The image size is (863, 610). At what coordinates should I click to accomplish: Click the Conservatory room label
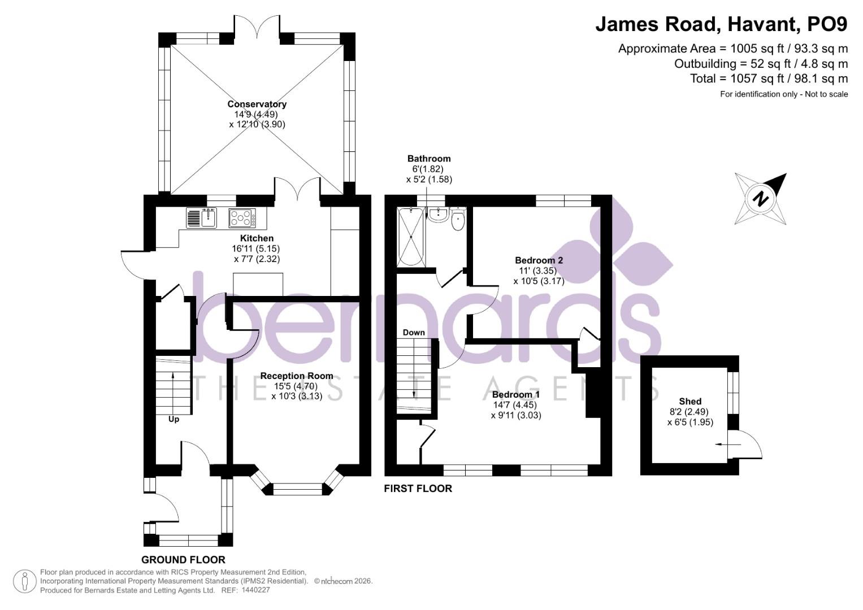pos(257,104)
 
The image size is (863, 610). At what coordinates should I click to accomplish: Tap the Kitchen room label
pos(257,238)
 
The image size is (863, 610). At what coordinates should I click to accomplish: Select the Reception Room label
pos(296,376)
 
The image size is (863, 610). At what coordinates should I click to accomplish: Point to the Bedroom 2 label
pos(539,260)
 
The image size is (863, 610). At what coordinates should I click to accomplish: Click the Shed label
pos(690,401)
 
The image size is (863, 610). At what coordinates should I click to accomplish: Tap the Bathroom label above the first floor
pos(429,159)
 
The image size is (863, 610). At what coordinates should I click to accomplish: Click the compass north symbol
pos(761,199)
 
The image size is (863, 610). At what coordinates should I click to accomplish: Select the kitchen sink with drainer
pos(201,218)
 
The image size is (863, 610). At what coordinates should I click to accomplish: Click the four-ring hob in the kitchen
pos(242,218)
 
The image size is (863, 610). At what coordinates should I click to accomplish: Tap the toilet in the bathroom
pos(458,220)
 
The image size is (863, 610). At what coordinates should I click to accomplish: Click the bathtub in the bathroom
pos(411,237)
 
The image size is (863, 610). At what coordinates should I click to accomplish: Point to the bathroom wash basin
pos(438,214)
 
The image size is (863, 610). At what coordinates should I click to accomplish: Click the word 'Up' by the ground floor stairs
pos(174,419)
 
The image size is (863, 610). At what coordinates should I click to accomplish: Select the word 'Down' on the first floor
pos(414,333)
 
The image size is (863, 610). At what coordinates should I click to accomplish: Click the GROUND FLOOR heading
pos(183,560)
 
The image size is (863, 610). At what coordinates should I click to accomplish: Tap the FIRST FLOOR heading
pos(418,489)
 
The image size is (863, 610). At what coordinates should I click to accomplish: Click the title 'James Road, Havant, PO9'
pos(721,24)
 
